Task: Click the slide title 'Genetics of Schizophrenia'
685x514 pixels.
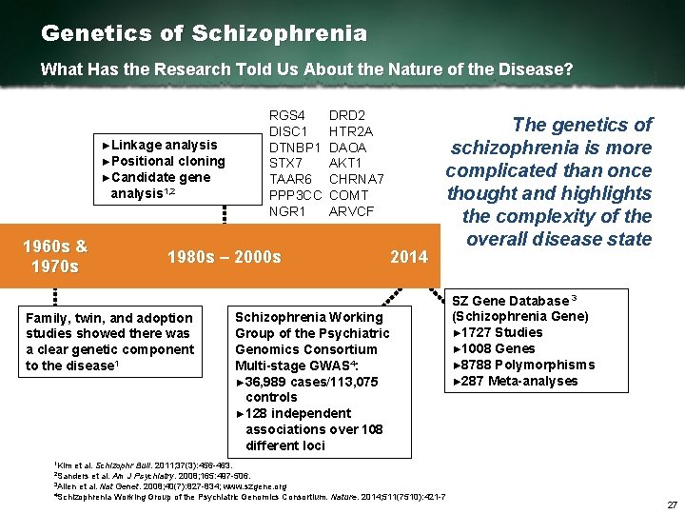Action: tap(204, 33)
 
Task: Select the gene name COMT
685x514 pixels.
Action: tap(347, 194)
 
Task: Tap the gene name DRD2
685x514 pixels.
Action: tap(348, 116)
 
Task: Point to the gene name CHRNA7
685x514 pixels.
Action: tap(356, 179)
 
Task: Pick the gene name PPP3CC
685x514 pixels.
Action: tap(296, 194)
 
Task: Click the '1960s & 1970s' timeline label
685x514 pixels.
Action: tap(55, 255)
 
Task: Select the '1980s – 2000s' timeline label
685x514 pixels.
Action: tap(224, 257)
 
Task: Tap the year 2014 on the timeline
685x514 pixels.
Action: tap(410, 257)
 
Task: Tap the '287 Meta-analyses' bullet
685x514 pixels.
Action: tap(515, 381)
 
